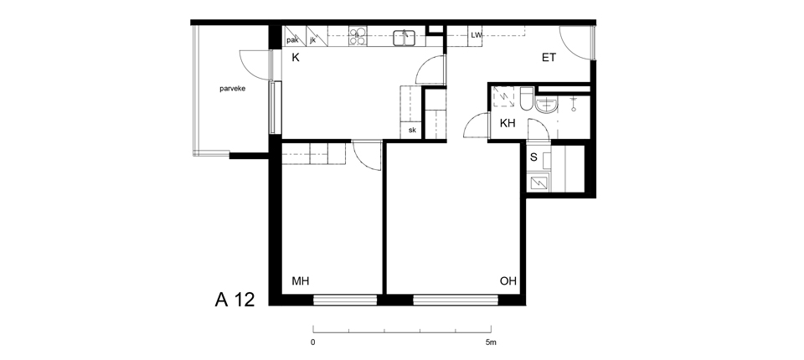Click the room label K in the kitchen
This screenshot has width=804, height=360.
[296, 58]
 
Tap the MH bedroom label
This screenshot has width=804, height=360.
[301, 281]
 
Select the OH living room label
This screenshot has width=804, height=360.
[508, 281]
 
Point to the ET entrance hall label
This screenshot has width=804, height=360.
[549, 58]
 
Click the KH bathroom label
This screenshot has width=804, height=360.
[508, 123]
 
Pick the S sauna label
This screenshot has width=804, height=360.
[533, 157]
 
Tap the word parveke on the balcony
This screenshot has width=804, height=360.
[233, 89]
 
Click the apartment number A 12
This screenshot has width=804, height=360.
[234, 300]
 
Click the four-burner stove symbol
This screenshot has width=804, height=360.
[358, 36]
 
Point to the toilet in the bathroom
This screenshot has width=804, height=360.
[527, 99]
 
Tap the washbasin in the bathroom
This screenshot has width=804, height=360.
[547, 105]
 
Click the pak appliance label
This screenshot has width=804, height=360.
[293, 40]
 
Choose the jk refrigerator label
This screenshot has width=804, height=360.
[312, 40]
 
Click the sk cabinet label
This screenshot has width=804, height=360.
[412, 131]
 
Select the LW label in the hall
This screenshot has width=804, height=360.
[477, 35]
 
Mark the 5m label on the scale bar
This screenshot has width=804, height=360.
[491, 342]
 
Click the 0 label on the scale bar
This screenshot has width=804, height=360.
[313, 342]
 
